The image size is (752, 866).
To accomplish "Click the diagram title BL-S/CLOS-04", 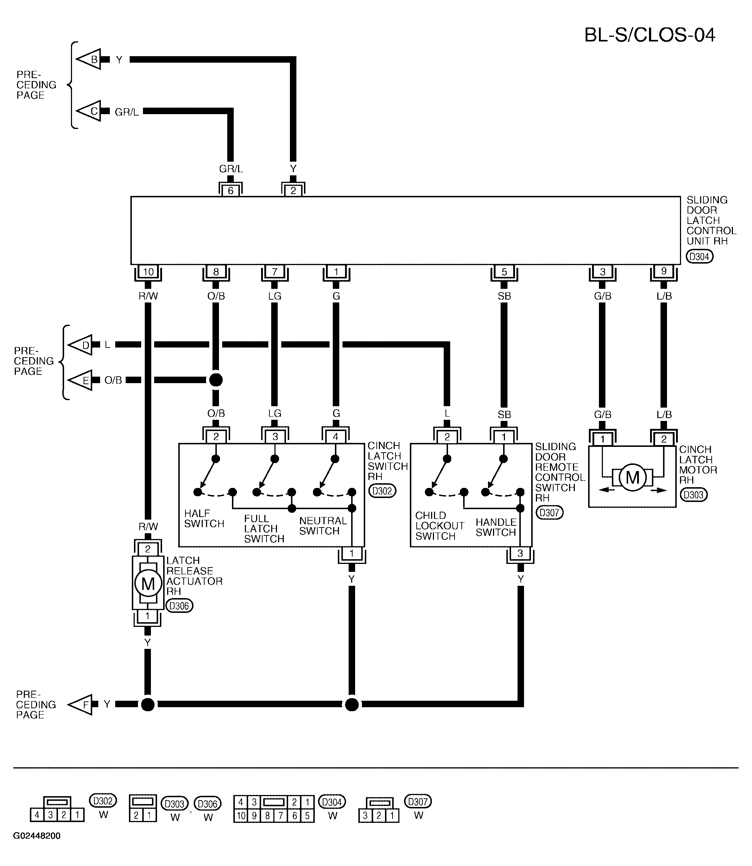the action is click(650, 35).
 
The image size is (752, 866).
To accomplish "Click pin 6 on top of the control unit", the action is click(230, 190).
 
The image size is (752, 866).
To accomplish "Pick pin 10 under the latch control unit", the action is click(148, 272).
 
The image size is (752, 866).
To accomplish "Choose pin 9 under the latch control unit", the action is click(663, 271).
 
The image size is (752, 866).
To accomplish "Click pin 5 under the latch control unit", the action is click(504, 272).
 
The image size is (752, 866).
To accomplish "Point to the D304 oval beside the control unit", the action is click(699, 256).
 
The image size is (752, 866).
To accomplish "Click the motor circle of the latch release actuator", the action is click(148, 584).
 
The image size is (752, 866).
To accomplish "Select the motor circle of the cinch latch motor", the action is click(632, 477).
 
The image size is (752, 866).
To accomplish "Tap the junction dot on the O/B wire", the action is click(216, 380).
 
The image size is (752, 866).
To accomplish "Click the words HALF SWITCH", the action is click(204, 519).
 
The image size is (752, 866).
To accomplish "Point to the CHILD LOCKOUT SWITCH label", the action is click(440, 526).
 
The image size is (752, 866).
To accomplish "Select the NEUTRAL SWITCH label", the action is click(323, 526).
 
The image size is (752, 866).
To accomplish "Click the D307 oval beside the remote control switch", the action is click(549, 512).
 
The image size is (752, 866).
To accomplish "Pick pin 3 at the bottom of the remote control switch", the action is click(520, 553).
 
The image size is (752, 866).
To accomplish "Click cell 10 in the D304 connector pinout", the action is click(241, 816).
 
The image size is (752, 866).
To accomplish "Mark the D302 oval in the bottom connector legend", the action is click(103, 800).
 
